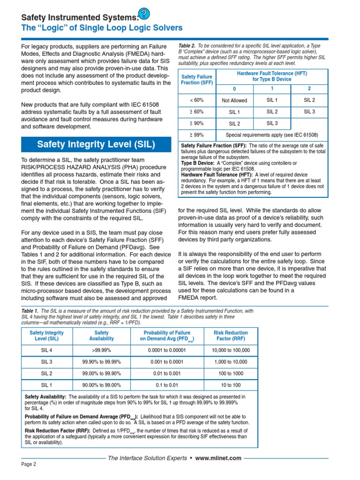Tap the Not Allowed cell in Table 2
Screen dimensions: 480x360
tap(234, 100)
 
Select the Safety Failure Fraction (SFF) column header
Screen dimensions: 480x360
tap(196, 79)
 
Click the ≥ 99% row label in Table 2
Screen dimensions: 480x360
tap(196, 135)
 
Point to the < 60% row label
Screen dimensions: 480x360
tap(196, 100)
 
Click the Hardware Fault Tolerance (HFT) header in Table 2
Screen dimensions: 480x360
tap(272, 76)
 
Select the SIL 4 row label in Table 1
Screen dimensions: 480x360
tap(46, 350)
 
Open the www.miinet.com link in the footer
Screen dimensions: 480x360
tap(218, 458)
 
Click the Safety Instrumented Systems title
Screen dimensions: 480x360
tap(80, 17)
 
